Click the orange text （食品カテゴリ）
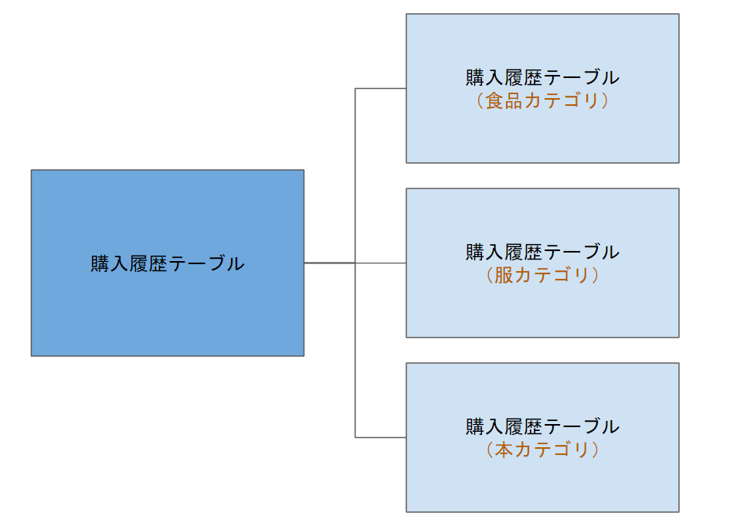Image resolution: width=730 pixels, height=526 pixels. coord(542,101)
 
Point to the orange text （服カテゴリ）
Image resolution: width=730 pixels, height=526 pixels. coord(542,276)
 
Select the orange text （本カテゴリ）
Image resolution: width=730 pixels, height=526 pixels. coord(542,450)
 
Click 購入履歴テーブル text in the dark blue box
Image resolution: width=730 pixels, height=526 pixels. coord(167,263)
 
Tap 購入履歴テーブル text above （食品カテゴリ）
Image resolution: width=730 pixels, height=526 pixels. coord(542,78)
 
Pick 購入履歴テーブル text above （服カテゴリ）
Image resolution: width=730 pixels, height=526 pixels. coord(542,252)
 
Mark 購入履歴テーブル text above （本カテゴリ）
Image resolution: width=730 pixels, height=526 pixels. coord(542,426)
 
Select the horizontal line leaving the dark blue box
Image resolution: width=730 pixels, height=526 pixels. coord(328,263)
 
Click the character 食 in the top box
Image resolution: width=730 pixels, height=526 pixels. coord(494,101)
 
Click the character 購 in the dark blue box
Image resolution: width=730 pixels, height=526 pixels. coord(100,263)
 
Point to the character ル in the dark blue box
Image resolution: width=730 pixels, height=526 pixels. coord(235,263)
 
